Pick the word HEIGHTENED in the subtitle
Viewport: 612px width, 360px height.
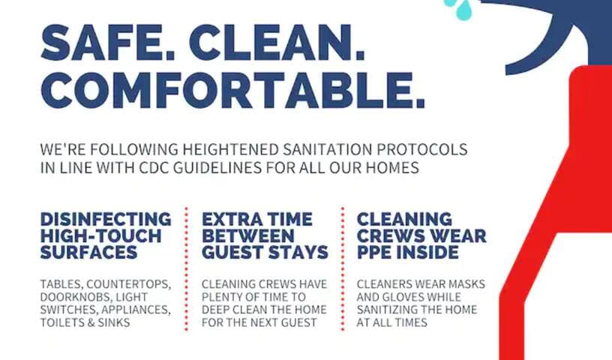point(231,149)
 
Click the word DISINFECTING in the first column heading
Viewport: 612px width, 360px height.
point(106,220)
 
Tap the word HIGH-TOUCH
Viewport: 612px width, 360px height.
point(100,235)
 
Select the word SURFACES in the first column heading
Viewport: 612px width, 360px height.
point(89,252)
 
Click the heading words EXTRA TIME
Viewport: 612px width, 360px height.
point(257,220)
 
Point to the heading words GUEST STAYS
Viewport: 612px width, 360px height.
point(265,252)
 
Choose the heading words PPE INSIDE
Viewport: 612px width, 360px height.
point(408,252)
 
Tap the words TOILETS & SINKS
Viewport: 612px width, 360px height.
point(85,322)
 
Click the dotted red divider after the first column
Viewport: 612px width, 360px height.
point(186,269)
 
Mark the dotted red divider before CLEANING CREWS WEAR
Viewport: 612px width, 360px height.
point(343,269)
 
